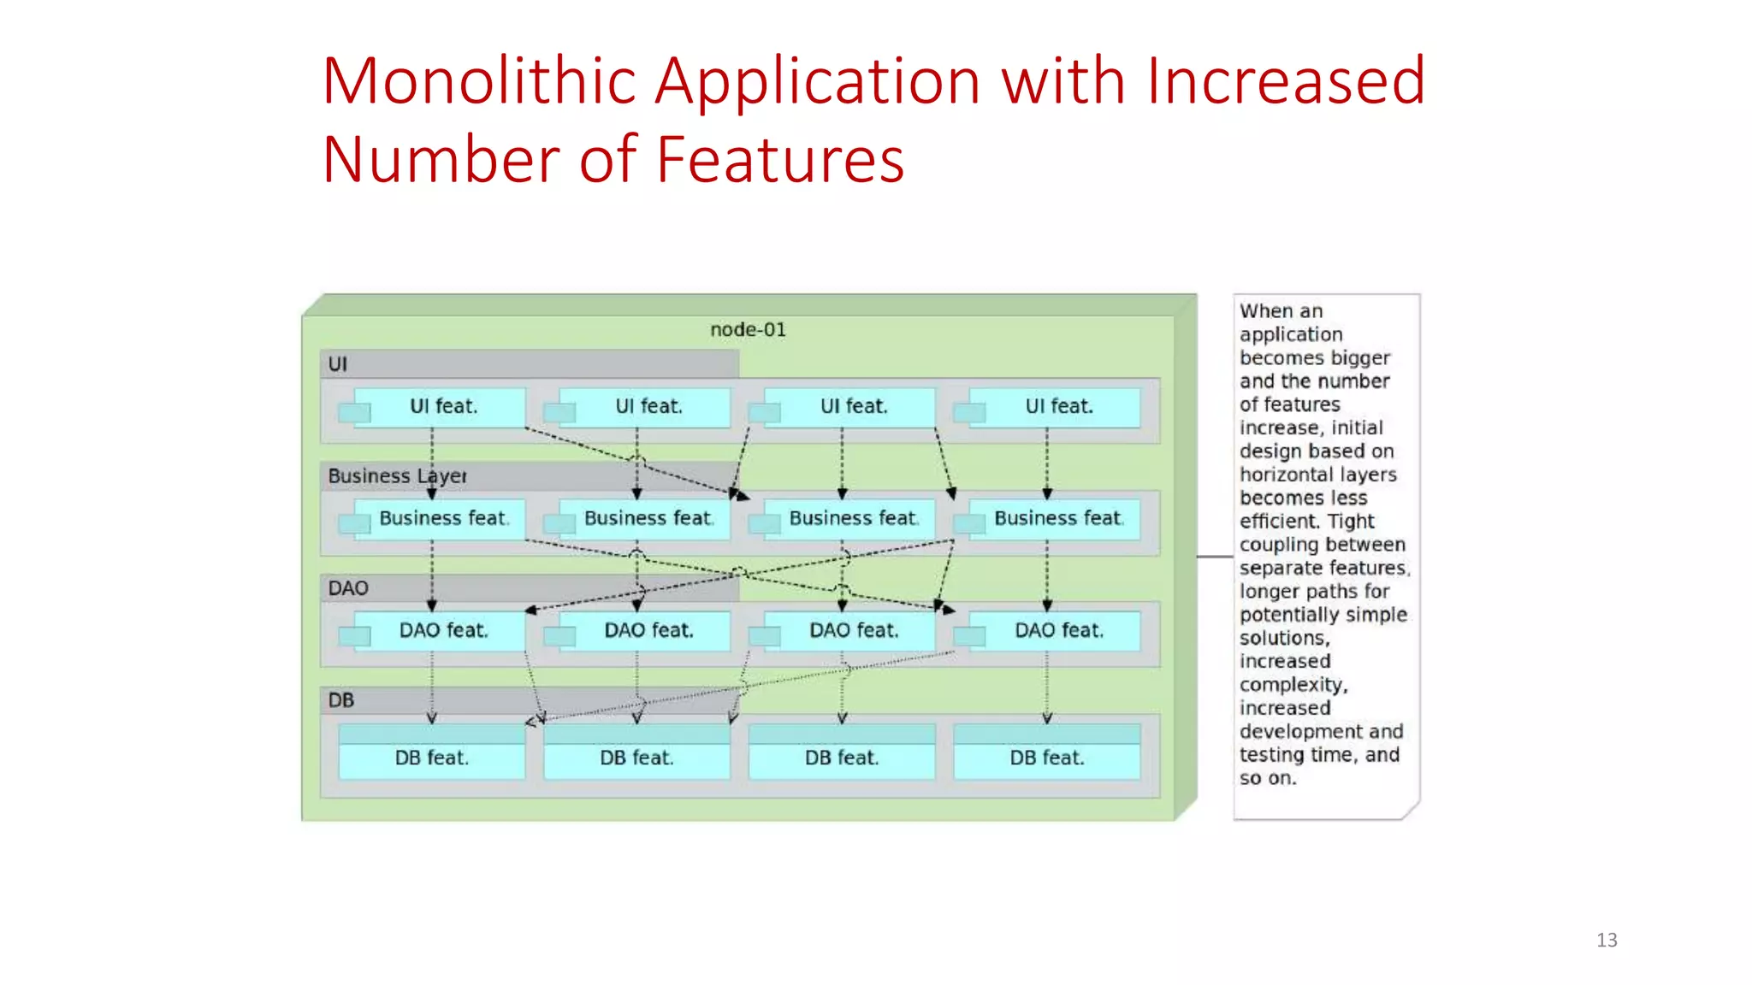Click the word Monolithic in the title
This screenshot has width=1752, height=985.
(479, 81)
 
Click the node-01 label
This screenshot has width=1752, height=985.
(748, 330)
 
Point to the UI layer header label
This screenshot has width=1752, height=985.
(338, 364)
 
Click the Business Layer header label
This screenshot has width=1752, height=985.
(397, 476)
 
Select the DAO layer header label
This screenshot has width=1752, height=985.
(348, 588)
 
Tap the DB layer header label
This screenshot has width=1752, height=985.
(340, 700)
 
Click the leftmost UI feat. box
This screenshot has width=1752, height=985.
(442, 407)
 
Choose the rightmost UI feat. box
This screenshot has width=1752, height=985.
(1058, 407)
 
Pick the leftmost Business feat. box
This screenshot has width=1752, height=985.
(442, 519)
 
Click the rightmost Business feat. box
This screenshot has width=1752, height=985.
(1057, 519)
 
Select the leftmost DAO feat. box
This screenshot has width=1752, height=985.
(442, 631)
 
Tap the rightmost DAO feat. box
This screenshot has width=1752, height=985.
(1058, 631)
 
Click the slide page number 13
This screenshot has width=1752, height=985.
(1607, 941)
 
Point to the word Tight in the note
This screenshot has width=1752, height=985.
(1351, 522)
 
